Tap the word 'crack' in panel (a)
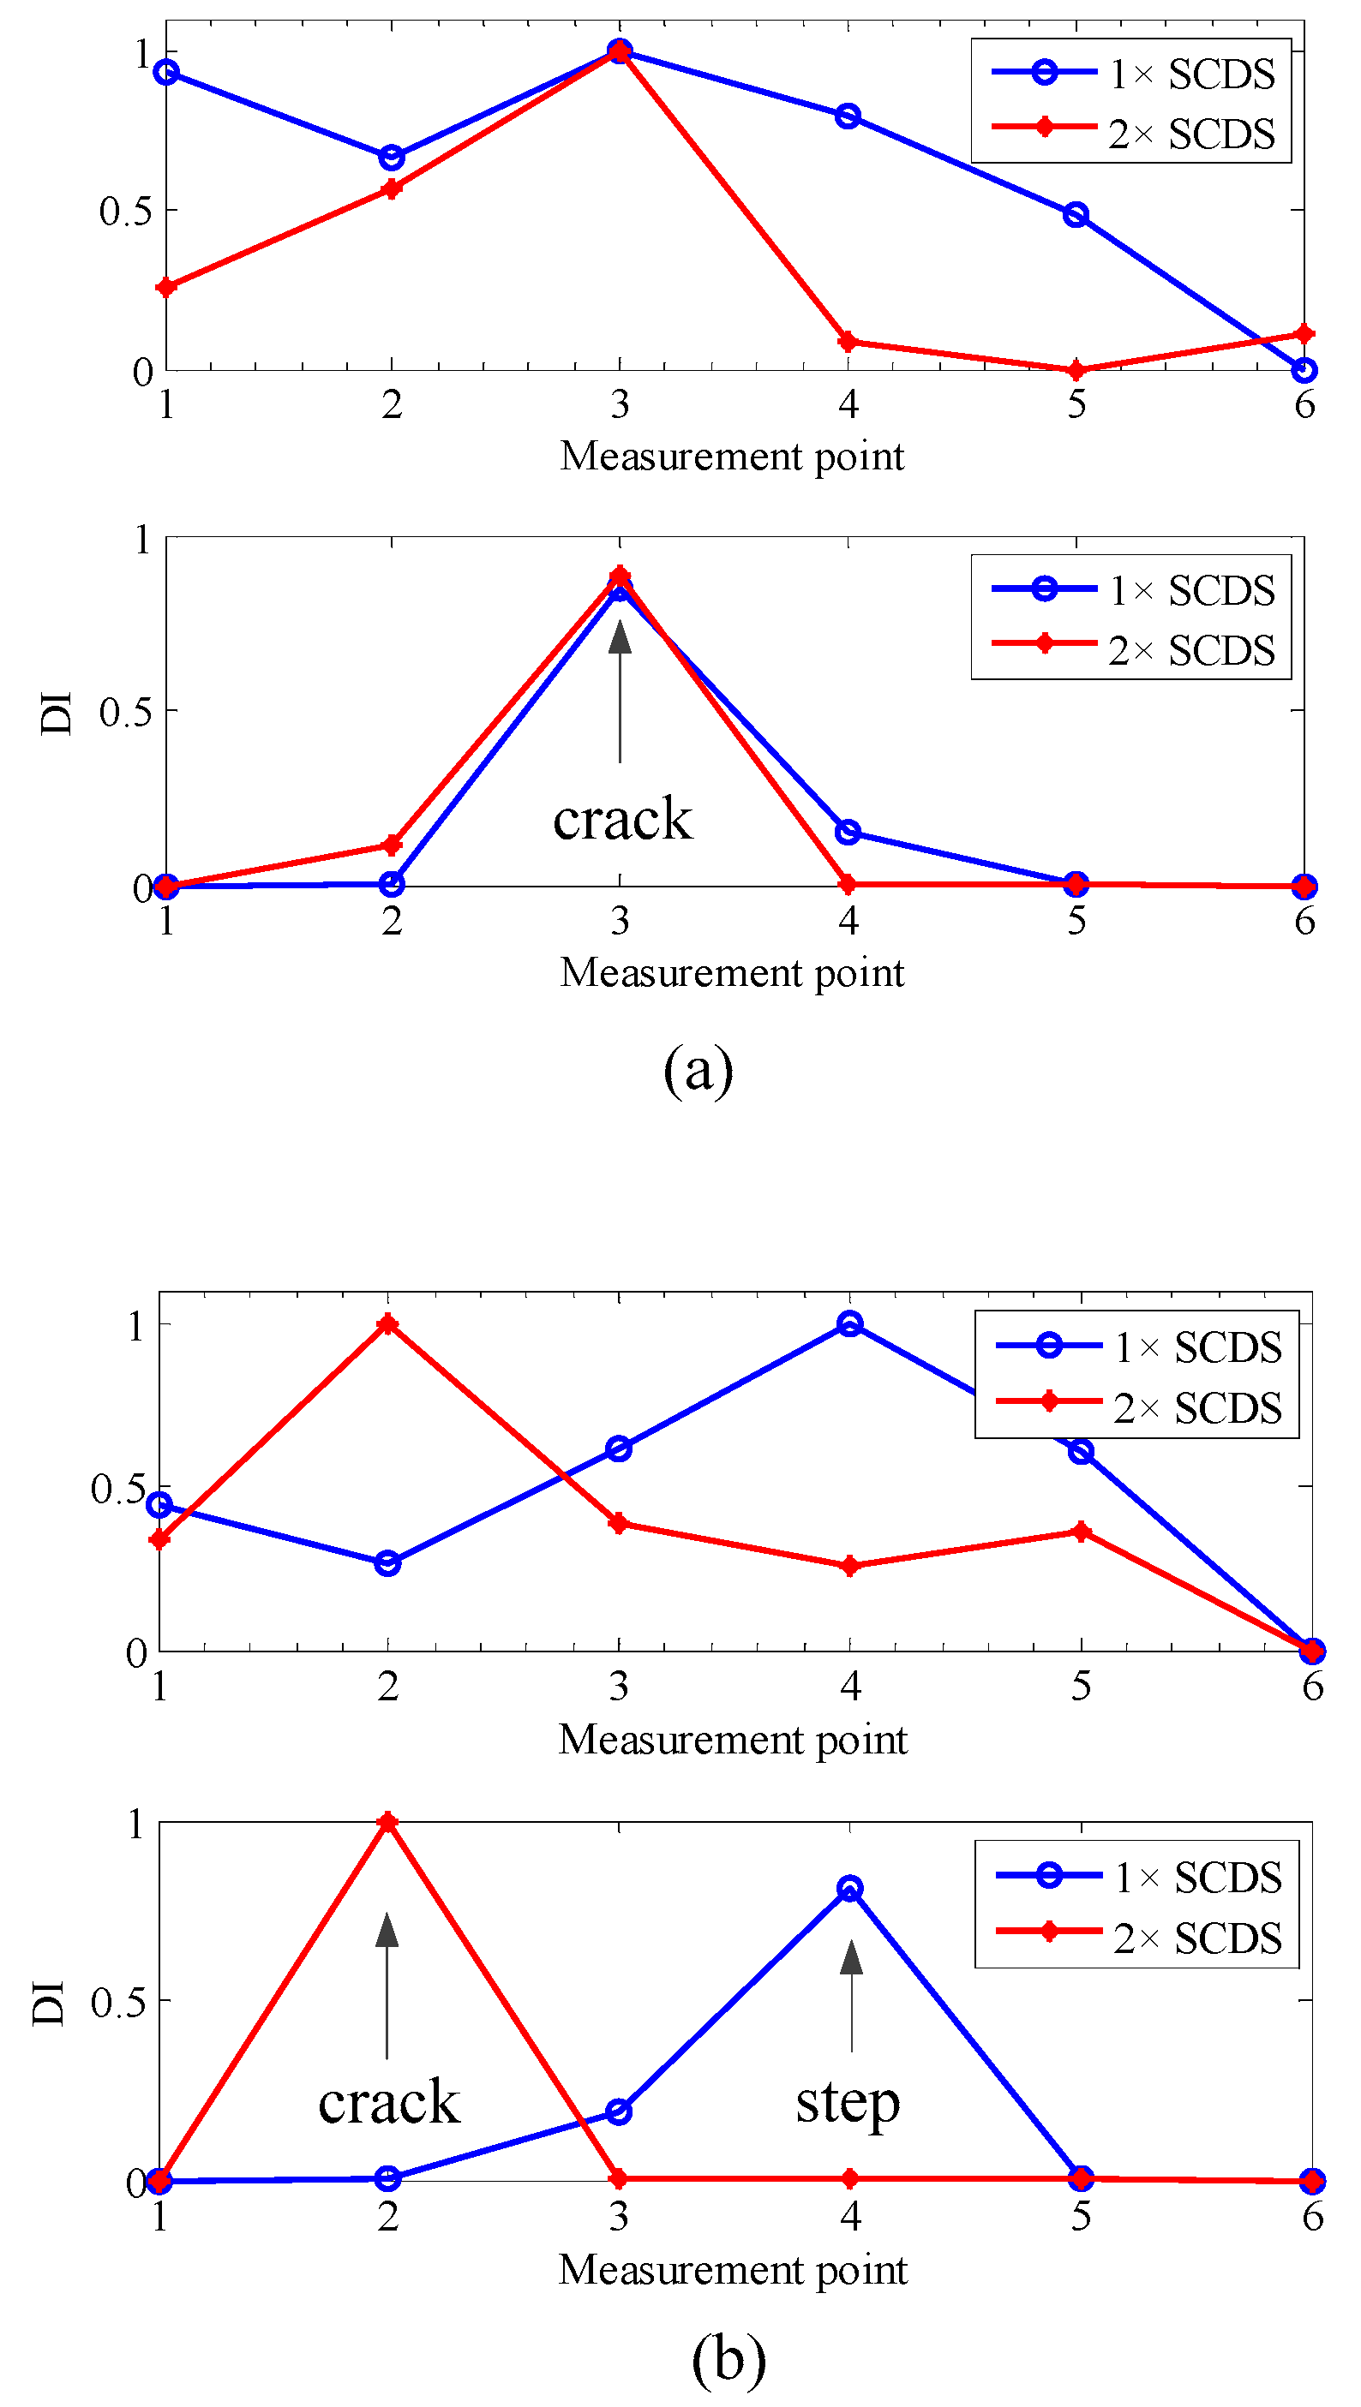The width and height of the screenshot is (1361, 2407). (622, 820)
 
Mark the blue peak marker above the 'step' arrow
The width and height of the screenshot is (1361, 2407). (849, 1889)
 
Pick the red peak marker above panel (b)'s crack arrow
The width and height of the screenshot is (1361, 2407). (388, 1823)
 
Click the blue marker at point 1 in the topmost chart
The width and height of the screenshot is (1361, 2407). (166, 72)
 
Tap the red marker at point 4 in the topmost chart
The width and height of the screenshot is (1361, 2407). (848, 342)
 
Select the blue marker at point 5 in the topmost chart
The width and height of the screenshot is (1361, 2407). (1076, 215)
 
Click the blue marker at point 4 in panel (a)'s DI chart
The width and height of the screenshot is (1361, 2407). (848, 832)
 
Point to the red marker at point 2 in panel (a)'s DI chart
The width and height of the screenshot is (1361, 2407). (392, 845)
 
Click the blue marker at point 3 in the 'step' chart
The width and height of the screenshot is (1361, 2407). (619, 2111)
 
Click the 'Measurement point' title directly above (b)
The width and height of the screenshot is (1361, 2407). (733, 2271)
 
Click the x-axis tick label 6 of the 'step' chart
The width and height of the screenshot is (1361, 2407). (1312, 2216)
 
